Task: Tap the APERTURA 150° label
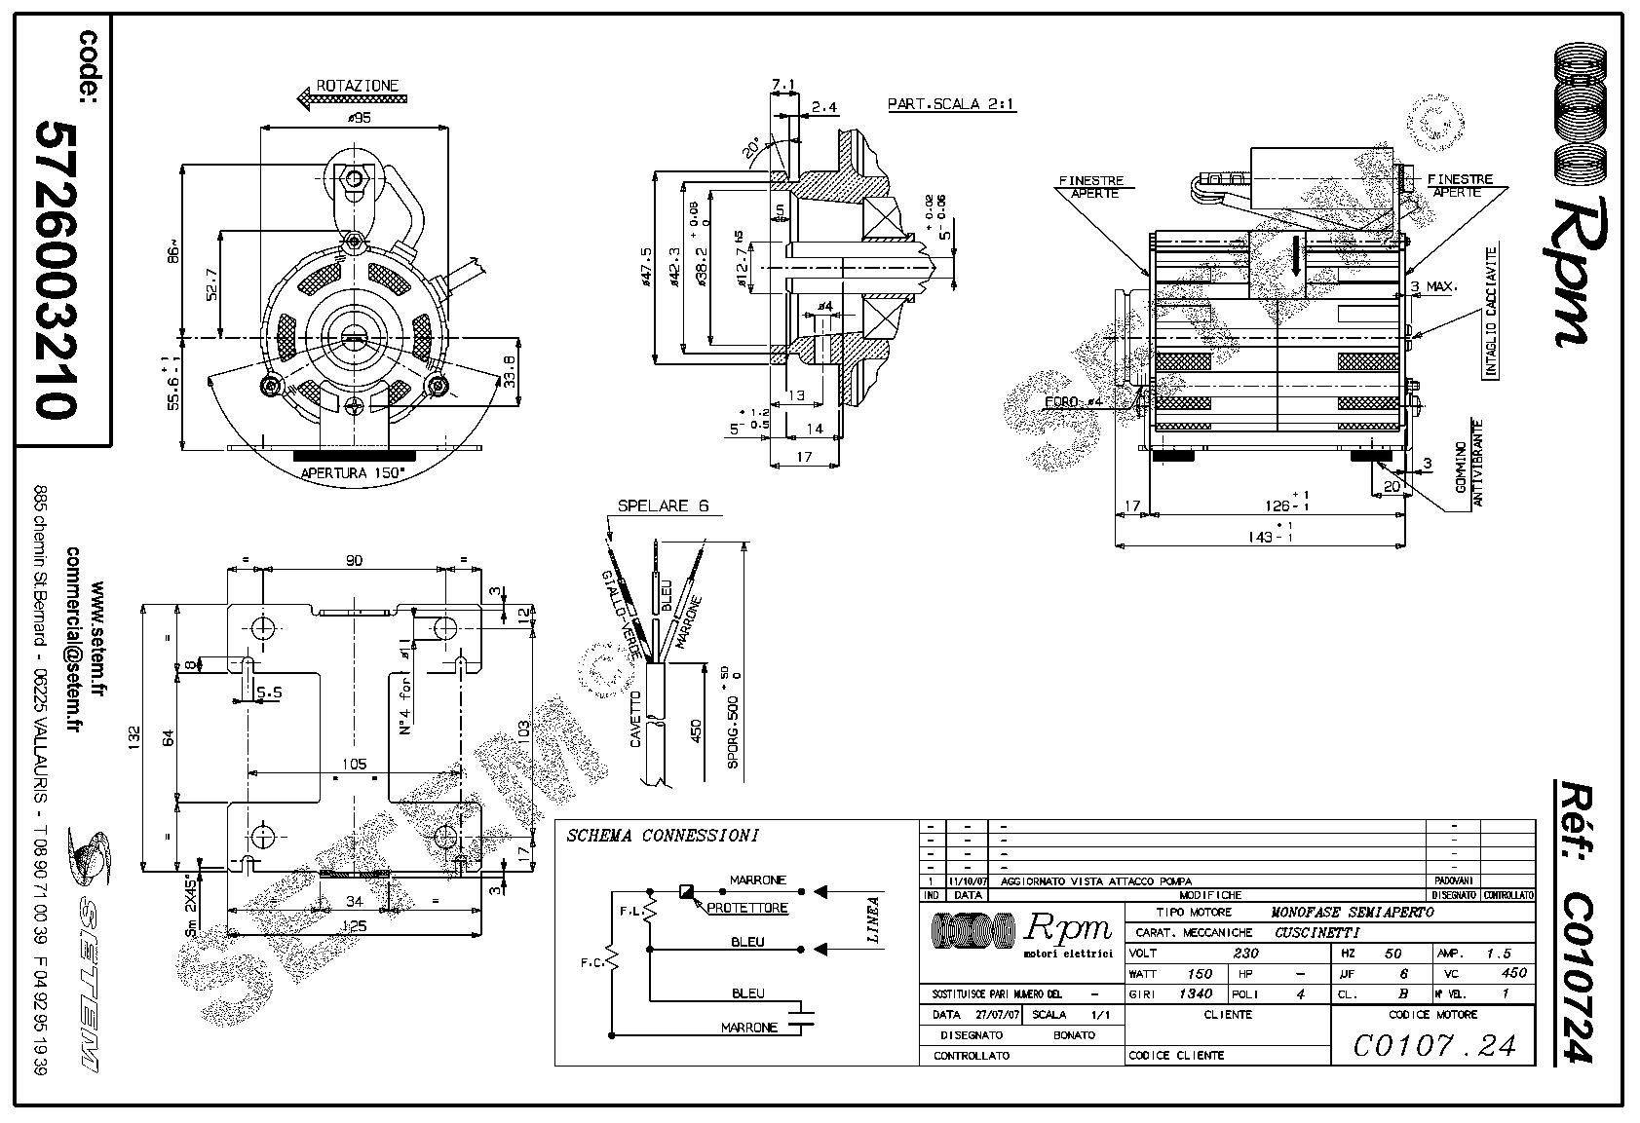[354, 473]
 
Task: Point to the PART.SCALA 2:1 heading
[951, 104]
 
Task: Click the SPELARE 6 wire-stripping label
[663, 506]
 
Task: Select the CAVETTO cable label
[635, 720]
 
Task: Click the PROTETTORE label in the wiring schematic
[747, 908]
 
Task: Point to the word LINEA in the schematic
[874, 920]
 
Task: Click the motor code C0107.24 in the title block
[1433, 1045]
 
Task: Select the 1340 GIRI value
[1196, 993]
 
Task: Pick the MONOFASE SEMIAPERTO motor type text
[1353, 913]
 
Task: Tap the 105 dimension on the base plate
[354, 765]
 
